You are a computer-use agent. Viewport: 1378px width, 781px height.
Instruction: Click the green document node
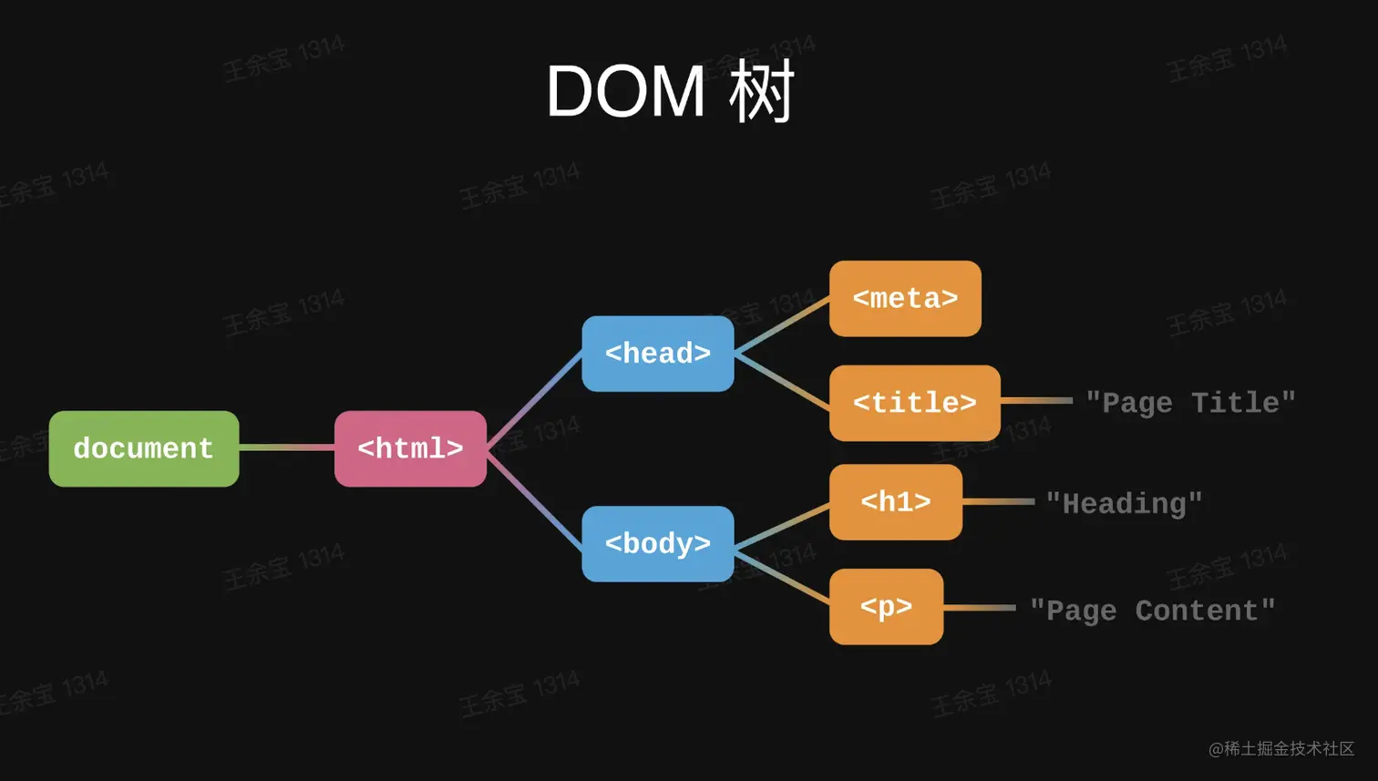tap(144, 449)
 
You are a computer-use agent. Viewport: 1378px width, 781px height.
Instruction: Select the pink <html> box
tap(410, 449)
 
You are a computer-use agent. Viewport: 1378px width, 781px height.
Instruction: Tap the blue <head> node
tap(658, 354)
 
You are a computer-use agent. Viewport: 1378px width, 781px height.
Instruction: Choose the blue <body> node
tap(658, 544)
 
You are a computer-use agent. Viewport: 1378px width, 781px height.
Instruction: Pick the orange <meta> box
tap(905, 298)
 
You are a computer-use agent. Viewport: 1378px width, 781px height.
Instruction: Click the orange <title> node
tap(915, 403)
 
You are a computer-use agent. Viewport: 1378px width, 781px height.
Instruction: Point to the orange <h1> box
tap(896, 502)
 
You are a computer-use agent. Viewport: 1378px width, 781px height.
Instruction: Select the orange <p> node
tap(886, 606)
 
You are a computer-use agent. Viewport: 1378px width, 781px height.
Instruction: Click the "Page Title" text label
tap(1190, 404)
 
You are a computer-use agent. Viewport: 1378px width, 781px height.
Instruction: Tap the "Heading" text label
tap(1124, 504)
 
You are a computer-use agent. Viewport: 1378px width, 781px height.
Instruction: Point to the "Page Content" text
tap(1152, 611)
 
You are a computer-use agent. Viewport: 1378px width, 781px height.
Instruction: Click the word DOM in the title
tap(625, 92)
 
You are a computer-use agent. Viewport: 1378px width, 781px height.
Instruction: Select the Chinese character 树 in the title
tap(761, 91)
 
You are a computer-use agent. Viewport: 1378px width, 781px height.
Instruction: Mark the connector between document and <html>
tap(287, 447)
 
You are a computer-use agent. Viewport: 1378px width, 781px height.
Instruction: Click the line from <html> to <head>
tap(534, 400)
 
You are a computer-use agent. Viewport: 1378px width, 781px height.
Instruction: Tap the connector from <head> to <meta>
tap(782, 325)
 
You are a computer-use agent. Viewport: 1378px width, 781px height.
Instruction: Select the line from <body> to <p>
tap(782, 577)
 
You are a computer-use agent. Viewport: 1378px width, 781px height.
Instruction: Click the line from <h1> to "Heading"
tap(999, 502)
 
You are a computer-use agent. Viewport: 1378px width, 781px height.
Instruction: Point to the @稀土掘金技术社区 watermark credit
tap(1281, 748)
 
